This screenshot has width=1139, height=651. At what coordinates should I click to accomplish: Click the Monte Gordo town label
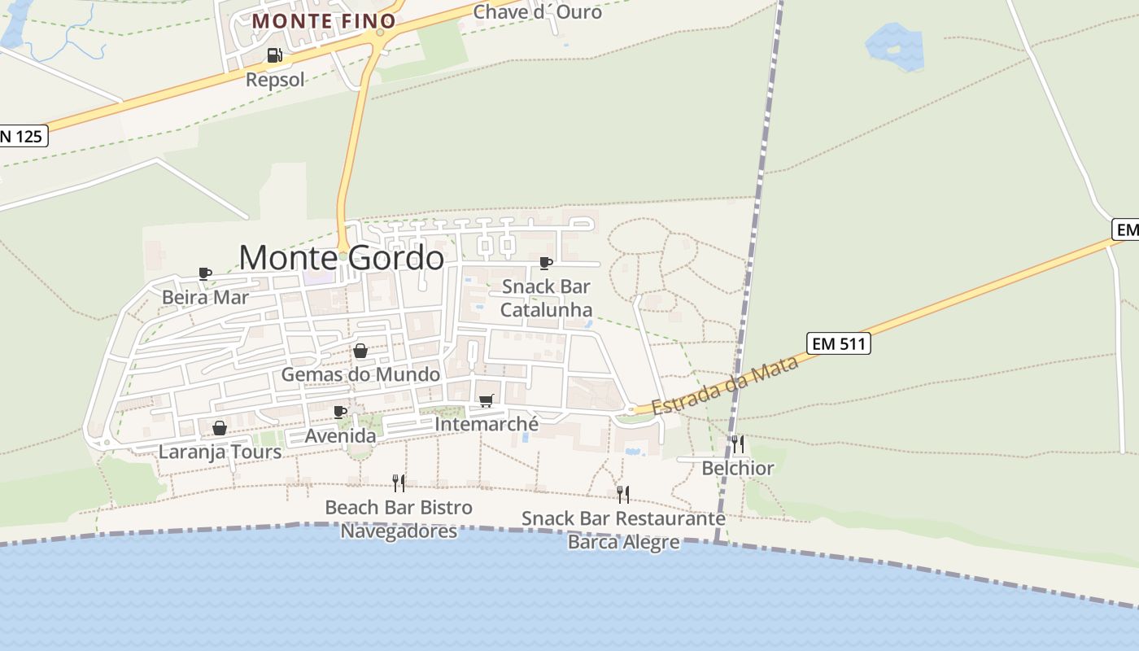click(x=342, y=258)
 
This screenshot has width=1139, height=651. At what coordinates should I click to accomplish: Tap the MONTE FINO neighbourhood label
click(x=324, y=21)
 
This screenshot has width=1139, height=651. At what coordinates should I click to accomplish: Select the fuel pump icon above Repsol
click(x=275, y=56)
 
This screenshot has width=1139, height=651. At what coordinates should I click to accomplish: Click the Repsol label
click(x=275, y=80)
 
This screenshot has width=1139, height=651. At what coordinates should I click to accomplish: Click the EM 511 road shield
click(x=840, y=344)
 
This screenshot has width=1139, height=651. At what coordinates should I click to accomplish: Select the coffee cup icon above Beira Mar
click(x=204, y=273)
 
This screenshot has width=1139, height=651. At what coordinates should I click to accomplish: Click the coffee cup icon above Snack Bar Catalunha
click(x=546, y=263)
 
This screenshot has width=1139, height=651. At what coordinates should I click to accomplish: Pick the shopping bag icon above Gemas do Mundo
click(x=360, y=351)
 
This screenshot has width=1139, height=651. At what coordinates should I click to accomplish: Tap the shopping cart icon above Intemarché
click(x=487, y=400)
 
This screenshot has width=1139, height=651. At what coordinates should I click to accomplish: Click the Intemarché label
click(x=487, y=424)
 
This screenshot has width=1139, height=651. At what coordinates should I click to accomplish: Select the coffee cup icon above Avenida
click(x=340, y=412)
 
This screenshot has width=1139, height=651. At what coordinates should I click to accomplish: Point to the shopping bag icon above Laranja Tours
click(x=220, y=428)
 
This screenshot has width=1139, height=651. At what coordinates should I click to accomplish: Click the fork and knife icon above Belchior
click(x=737, y=444)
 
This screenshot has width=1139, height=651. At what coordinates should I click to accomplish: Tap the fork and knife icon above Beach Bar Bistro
click(x=399, y=483)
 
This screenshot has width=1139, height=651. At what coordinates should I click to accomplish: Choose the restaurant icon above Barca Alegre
click(x=623, y=495)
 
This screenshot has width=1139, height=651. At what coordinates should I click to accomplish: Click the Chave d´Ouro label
click(x=537, y=11)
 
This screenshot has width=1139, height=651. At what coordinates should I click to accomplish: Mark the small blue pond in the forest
click(x=893, y=46)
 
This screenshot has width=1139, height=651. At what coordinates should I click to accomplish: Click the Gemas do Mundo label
click(x=360, y=374)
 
